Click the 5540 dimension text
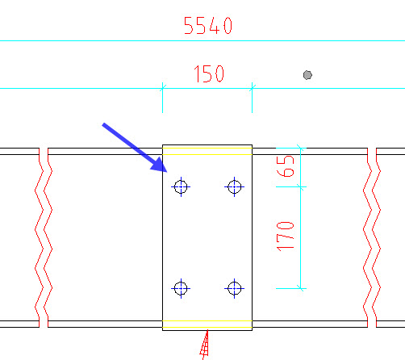[x=208, y=26]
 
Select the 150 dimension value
[x=209, y=73]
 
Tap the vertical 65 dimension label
[x=286, y=166]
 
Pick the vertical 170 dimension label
[x=286, y=237]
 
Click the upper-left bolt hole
[x=181, y=186]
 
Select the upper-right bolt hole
[x=235, y=186]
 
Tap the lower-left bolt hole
[x=181, y=288]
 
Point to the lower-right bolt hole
[x=235, y=288]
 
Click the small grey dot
[x=307, y=75]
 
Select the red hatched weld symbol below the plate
[x=205, y=345]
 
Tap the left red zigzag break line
[x=44, y=237]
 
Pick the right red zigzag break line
[x=372, y=237]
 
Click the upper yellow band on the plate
[x=207, y=151]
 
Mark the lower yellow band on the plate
[x=207, y=324]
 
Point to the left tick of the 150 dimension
[x=163, y=88]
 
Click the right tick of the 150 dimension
[x=252, y=88]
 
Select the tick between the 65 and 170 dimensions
[x=301, y=186]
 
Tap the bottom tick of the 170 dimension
[x=301, y=288]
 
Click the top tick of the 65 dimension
[x=301, y=148]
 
